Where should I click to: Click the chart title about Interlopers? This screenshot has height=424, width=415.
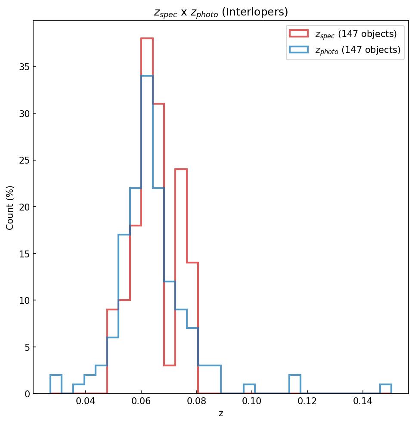(x=220, y=12)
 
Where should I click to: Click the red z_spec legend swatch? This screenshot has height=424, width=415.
(x=298, y=34)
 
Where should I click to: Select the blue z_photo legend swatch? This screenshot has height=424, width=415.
(x=298, y=50)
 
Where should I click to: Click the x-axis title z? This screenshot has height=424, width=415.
(x=220, y=414)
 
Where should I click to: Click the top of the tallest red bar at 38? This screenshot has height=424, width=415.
(x=147, y=39)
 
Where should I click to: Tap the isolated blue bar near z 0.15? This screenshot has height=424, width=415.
(x=385, y=389)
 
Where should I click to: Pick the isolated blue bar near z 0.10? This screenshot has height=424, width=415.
(x=249, y=389)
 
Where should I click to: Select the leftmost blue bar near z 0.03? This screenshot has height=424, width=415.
(x=56, y=384)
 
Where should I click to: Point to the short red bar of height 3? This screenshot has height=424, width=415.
(x=170, y=379)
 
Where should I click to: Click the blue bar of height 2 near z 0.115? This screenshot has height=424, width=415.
(x=294, y=384)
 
